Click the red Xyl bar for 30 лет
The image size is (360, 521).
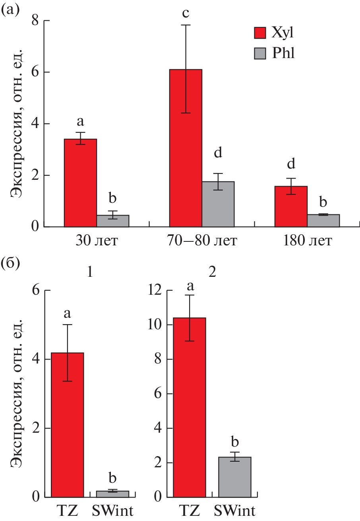point(81,183)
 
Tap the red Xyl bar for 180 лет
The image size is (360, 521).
point(291,206)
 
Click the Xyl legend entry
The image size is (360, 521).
point(275,33)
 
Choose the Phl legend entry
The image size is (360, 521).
point(275,53)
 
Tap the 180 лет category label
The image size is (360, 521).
point(307,241)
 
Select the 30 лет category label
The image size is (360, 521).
point(97,241)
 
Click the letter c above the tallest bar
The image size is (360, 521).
point(186,14)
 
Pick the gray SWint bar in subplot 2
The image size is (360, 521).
point(234,477)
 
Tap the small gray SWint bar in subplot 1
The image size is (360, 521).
point(113,494)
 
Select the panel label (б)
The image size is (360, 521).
point(10,263)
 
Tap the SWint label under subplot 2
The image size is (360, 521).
point(235,510)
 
